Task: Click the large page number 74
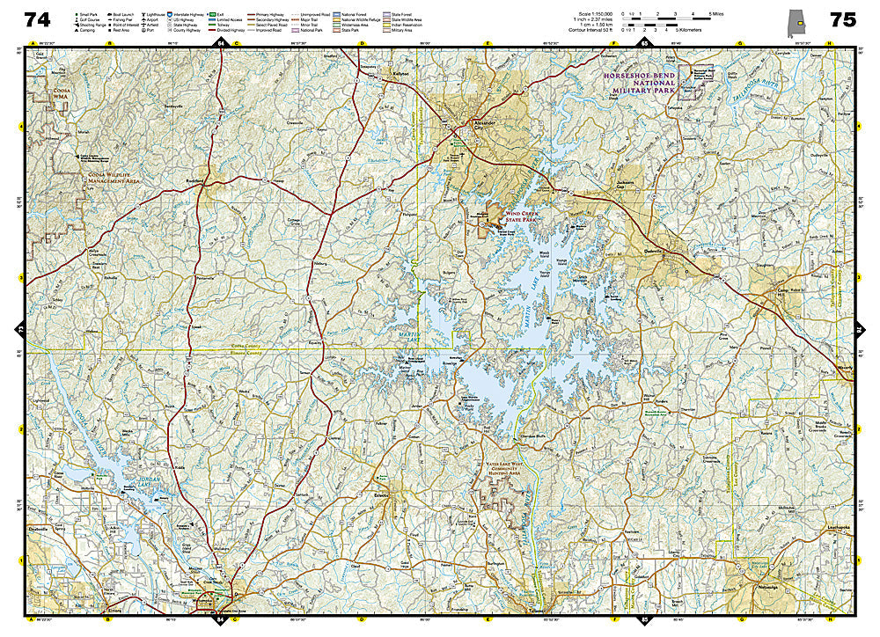[37, 19]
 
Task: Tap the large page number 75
[842, 19]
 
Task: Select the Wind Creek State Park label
[527, 211]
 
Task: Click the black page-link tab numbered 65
[644, 43]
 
